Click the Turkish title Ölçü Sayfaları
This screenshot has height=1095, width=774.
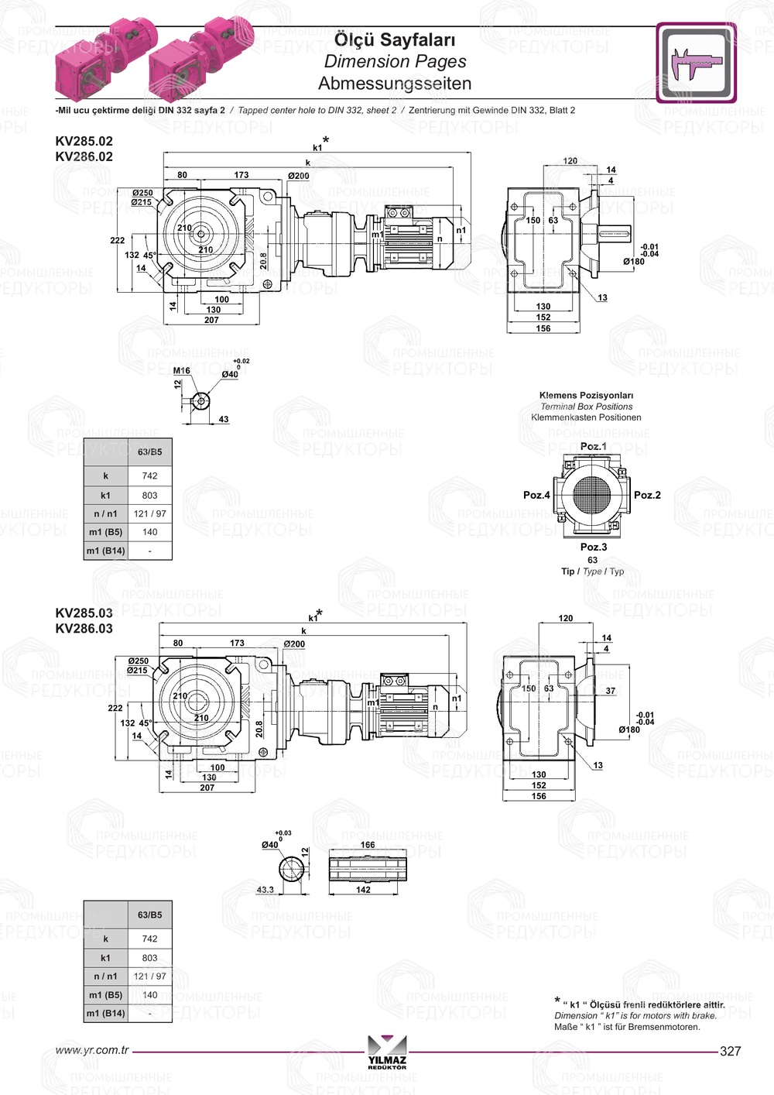pos(395,39)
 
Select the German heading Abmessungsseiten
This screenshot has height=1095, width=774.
pos(395,83)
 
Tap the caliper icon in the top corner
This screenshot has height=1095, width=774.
pos(696,63)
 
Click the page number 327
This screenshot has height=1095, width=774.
pos(730,1051)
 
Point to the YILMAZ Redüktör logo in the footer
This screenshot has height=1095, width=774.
pos(387,1052)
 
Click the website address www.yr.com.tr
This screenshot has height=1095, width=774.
pos(91,1051)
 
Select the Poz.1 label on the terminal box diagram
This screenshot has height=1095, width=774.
pos(594,446)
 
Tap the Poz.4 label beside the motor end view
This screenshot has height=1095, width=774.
pos(536,495)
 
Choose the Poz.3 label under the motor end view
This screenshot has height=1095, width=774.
pos(594,547)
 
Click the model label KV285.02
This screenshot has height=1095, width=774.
pos(84,141)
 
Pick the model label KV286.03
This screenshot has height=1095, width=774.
pos(84,628)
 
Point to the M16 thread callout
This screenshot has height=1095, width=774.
pos(181,371)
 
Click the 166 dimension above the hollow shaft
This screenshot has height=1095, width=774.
pos(368,845)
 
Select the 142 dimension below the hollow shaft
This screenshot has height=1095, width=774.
pos(363,890)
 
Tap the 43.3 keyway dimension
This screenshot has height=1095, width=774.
pos(265,890)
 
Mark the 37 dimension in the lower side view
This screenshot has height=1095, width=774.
pos(611,691)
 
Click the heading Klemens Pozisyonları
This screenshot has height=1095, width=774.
pos(586,395)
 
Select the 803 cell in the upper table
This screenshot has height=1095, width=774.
pos(149,495)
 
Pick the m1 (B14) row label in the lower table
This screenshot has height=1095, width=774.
pos(105,1014)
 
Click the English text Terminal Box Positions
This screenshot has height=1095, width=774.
pos(586,407)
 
